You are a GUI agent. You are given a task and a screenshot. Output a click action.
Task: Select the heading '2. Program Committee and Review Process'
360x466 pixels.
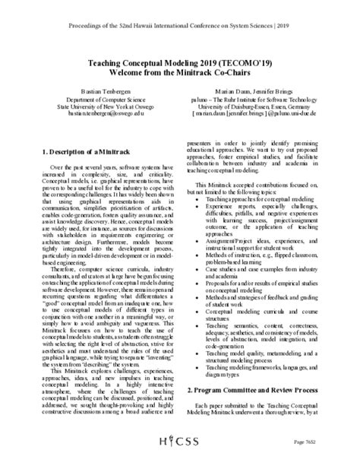point(259,411)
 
